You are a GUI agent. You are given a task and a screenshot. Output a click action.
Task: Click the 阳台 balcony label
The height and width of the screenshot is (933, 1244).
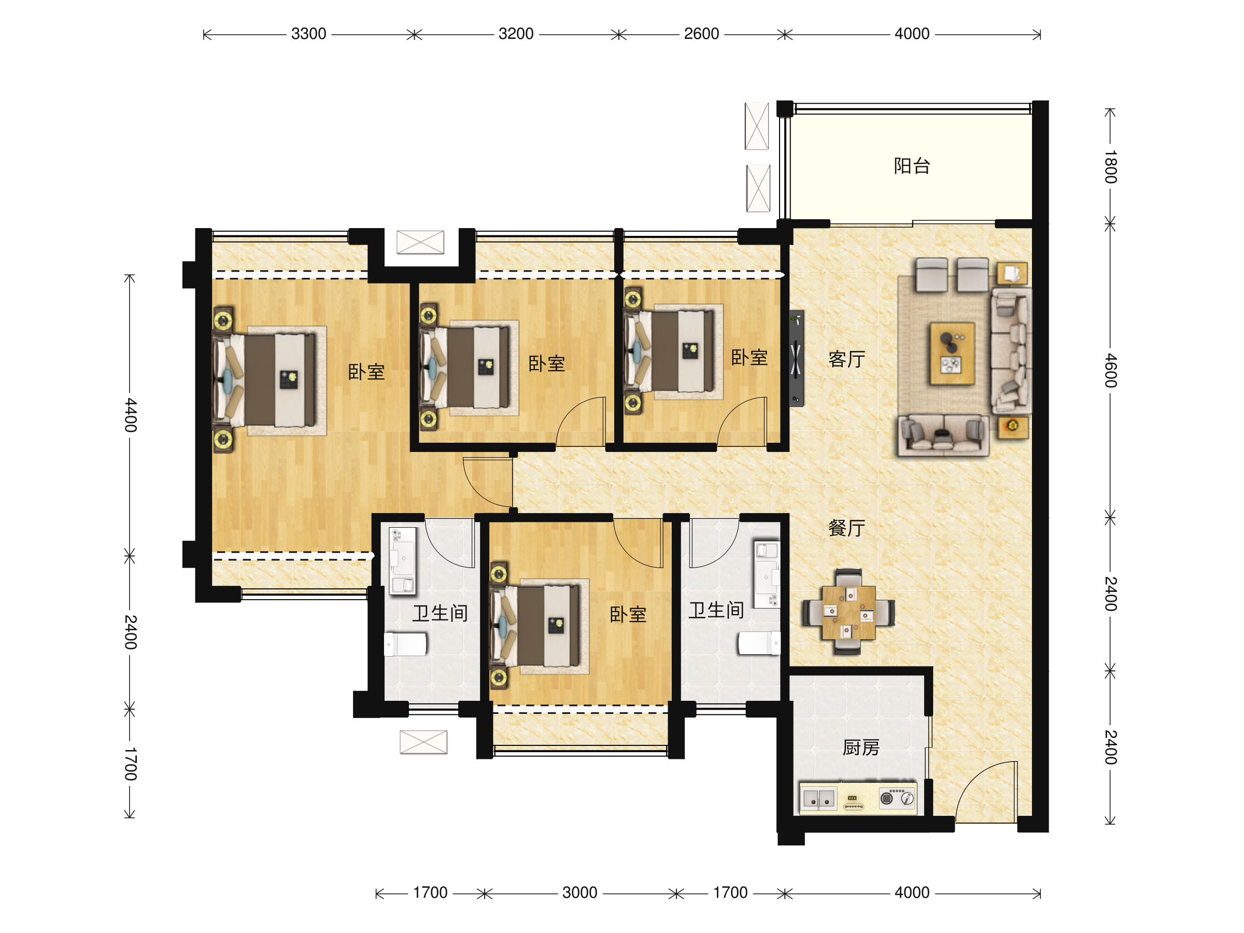pos(912,166)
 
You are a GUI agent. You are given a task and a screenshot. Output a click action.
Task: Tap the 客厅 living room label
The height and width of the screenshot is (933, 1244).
pos(846,359)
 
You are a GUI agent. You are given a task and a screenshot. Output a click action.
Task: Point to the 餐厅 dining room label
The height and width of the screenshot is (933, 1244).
pos(846,528)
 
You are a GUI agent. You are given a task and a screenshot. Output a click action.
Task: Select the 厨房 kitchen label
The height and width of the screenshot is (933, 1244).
pos(861,747)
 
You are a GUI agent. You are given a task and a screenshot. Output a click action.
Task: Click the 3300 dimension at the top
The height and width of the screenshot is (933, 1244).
pos(309,34)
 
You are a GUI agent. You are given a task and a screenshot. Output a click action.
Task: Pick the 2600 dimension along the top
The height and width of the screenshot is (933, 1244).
pos(701,34)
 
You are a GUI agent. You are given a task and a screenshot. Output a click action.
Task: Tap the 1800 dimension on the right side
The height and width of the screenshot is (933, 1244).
pos(1110,166)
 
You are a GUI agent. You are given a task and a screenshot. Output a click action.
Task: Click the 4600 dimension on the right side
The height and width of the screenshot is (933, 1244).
pos(1110,370)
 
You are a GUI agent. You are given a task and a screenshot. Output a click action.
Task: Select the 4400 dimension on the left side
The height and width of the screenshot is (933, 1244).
pos(131,415)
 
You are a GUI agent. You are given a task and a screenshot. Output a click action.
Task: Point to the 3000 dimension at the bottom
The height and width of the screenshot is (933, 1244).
pos(580,893)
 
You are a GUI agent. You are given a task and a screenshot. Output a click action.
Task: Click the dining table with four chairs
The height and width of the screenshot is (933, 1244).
pos(848,612)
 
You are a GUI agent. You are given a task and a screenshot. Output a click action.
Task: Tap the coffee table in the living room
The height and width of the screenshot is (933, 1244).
pos(952,353)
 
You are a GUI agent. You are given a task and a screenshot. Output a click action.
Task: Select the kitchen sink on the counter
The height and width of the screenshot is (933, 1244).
pos(818,799)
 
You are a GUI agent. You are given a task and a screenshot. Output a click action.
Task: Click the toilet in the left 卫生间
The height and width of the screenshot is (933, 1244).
pos(405,644)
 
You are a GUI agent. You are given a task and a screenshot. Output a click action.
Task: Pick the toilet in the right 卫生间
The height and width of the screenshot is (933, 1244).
pos(759,643)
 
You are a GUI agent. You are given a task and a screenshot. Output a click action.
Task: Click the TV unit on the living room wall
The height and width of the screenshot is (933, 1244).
pos(796,358)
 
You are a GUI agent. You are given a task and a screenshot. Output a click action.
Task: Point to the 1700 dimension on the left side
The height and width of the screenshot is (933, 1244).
pos(131,764)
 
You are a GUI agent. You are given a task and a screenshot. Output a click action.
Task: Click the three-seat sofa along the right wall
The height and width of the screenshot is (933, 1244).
pos(1011,351)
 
